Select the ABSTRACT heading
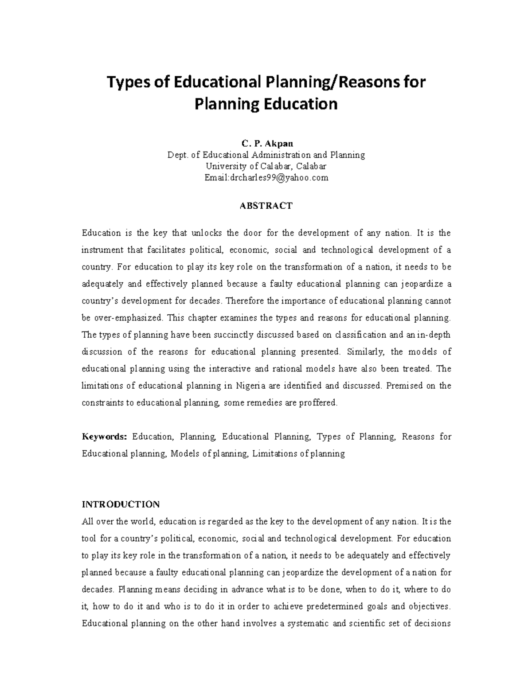(x=266, y=206)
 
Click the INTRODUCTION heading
(x=121, y=504)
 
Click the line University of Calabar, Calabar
(x=266, y=166)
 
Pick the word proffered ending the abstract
(x=318, y=403)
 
